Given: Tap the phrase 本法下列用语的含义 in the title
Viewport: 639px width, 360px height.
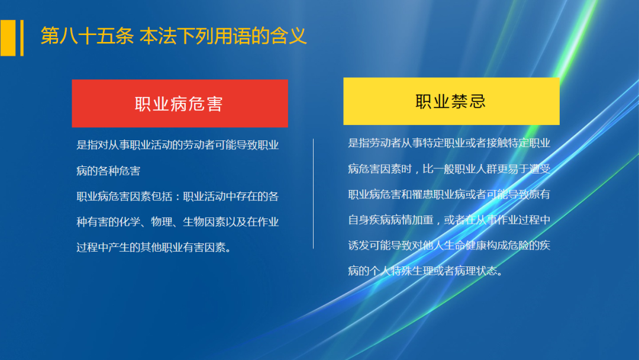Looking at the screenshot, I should [223, 36].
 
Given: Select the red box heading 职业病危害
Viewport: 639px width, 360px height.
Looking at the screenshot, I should [179, 104].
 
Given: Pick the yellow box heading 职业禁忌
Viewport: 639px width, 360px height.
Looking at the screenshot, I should [451, 101].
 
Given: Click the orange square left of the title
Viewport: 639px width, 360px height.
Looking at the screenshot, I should [8, 38].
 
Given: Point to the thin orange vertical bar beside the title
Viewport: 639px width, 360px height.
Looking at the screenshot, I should [22, 38].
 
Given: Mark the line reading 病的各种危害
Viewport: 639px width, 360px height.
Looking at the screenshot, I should [108, 171].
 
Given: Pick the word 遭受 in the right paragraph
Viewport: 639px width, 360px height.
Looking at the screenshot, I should [539, 169].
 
